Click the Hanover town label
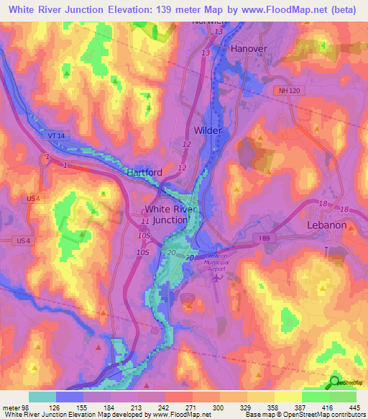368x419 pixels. tap(249, 48)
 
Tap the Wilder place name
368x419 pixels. tap(208, 130)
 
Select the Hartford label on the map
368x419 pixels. tap(144, 173)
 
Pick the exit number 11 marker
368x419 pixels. tap(146, 220)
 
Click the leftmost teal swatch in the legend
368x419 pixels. tap(42, 397)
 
